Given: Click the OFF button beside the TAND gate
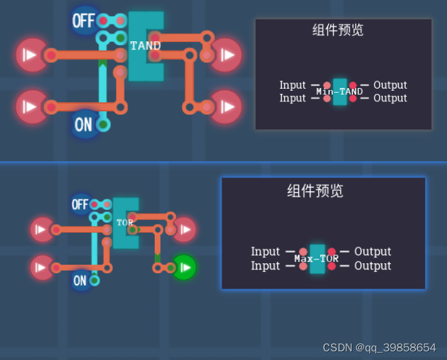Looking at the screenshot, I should click(x=83, y=21).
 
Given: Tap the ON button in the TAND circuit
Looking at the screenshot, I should click(x=83, y=124).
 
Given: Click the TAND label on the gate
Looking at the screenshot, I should click(x=145, y=46).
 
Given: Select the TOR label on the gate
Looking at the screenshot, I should click(x=125, y=222).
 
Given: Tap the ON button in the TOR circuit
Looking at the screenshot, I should click(x=80, y=281).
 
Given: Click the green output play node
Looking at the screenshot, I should click(x=185, y=267).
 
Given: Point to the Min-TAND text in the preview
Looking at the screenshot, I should click(x=340, y=91).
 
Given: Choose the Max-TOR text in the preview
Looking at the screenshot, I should click(x=317, y=259).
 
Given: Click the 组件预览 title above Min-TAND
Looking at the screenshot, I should click(x=338, y=30).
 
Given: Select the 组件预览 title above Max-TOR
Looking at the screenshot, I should click(x=316, y=191).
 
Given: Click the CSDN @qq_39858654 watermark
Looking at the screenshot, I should click(x=379, y=348).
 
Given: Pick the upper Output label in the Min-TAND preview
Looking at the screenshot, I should click(x=390, y=85).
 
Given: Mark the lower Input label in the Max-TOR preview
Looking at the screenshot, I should click(x=266, y=266).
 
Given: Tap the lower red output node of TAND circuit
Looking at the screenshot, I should click(x=226, y=107).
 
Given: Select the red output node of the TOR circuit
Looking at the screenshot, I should click(x=183, y=229).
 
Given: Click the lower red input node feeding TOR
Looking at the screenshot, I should click(x=41, y=267).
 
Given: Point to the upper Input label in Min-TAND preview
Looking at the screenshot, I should click(x=292, y=85).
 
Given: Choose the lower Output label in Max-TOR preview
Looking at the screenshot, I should click(x=372, y=266).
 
